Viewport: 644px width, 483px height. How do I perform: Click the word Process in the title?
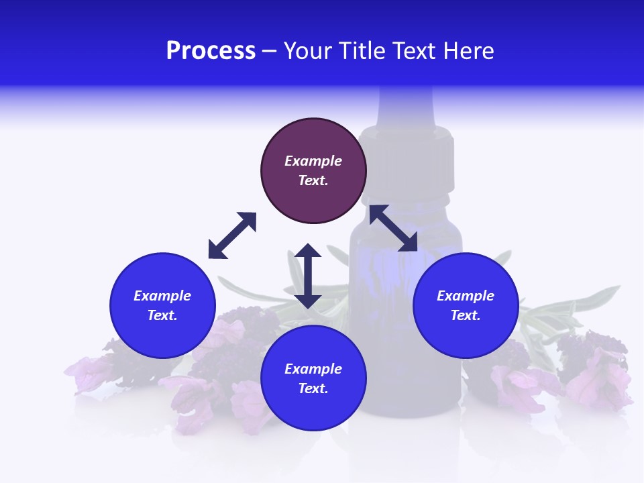tap(211, 51)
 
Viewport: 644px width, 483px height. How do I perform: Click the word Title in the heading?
tap(359, 51)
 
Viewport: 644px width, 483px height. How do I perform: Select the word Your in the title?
tap(307, 51)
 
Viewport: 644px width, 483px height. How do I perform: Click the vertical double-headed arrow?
tap(308, 276)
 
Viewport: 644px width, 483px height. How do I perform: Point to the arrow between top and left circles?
tap(232, 235)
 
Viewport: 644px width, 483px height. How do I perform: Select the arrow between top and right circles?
tap(393, 228)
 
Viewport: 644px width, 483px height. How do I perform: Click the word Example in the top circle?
tap(313, 161)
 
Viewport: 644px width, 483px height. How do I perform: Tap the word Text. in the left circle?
tap(162, 315)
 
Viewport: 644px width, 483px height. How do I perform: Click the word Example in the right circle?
tap(466, 296)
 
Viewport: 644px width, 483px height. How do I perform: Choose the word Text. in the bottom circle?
tap(313, 388)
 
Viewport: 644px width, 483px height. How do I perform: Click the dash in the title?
tap(270, 51)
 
